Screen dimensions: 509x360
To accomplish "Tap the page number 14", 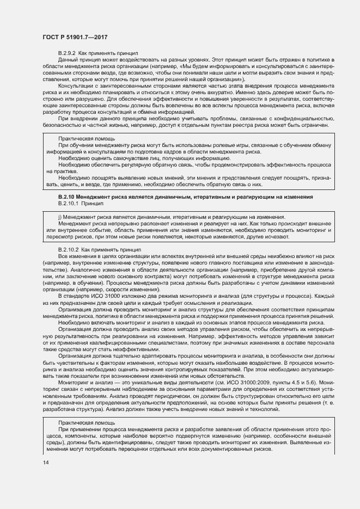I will (46, 463).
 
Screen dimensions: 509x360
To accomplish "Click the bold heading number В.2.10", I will (66, 197).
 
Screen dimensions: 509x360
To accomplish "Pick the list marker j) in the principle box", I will (59, 217).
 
